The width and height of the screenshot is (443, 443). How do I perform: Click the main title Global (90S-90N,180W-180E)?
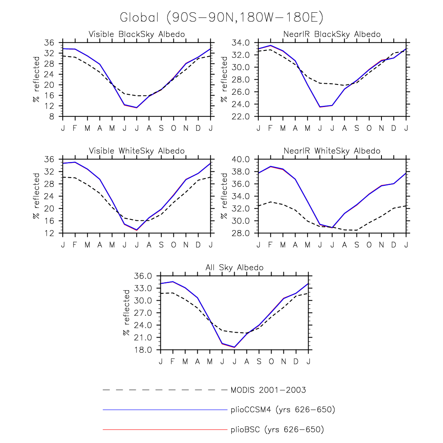[x=221, y=17]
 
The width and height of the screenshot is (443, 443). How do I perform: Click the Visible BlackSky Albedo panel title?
[x=137, y=34]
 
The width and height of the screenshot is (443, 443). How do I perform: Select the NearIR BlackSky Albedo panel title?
[x=332, y=34]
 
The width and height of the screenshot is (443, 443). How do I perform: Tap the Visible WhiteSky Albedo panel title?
[x=137, y=151]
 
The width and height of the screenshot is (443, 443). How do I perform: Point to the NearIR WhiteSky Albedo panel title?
[x=332, y=151]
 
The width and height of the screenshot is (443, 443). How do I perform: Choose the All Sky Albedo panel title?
[x=234, y=268]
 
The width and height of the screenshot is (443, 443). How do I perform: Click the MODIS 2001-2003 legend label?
[x=268, y=390]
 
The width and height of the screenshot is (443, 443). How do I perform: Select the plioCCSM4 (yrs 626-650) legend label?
[x=283, y=410]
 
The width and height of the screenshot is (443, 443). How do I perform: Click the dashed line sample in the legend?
[x=164, y=390]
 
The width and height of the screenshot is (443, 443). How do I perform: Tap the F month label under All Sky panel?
[x=173, y=361]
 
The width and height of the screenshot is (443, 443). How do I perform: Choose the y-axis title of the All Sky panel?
[x=126, y=313]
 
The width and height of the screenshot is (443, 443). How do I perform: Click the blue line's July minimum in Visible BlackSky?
[x=137, y=107]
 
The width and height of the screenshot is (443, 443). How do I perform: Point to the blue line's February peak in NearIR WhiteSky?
[x=270, y=166]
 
